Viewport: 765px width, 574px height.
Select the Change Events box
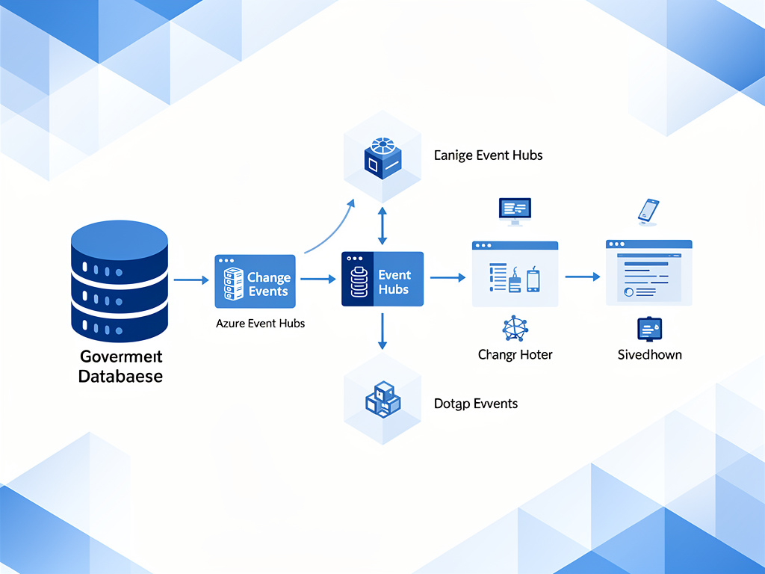click(x=255, y=281)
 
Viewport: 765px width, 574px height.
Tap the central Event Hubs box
click(x=382, y=279)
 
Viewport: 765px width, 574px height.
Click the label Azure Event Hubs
click(x=260, y=324)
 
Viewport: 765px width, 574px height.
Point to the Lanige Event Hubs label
click(x=488, y=155)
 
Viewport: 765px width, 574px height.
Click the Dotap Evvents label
click(x=476, y=404)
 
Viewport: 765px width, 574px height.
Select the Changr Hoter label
click(x=515, y=354)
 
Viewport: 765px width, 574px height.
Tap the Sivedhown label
click(x=649, y=354)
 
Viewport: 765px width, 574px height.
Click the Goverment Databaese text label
click(x=120, y=366)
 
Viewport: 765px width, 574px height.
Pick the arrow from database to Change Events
click(x=191, y=280)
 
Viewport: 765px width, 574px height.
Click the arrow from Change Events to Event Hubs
click(x=318, y=279)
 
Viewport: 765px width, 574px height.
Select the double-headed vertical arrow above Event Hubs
click(x=382, y=226)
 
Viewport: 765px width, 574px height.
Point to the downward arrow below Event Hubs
click(x=382, y=331)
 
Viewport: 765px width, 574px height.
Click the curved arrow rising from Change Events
click(x=329, y=229)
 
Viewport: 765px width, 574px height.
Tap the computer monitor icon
click(x=515, y=211)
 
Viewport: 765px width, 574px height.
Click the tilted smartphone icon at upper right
click(x=648, y=211)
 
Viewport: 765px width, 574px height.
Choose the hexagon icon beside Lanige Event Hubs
click(x=382, y=158)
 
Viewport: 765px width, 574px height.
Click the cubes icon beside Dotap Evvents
click(x=382, y=399)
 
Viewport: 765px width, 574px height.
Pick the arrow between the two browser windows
click(x=582, y=277)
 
